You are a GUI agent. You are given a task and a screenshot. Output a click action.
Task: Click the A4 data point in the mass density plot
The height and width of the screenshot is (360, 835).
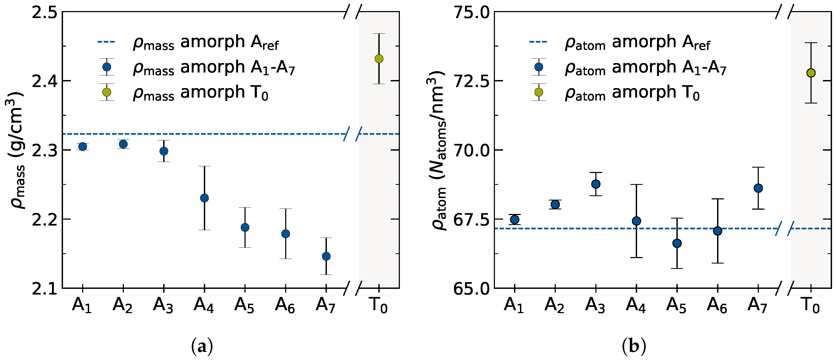[x=204, y=198]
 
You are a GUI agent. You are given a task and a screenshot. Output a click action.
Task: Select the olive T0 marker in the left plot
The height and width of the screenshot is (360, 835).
[x=379, y=59]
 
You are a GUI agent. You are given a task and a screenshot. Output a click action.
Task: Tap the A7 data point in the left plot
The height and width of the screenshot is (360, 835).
[x=326, y=256]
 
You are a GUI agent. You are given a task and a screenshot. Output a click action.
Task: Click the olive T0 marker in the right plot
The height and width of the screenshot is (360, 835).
[x=811, y=73]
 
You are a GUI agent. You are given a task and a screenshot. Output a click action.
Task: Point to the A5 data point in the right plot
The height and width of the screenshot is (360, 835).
[x=677, y=243]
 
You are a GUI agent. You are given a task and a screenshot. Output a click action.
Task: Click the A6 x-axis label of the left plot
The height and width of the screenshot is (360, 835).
[x=285, y=306]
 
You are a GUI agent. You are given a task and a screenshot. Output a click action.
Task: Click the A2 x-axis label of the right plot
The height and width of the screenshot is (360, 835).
[x=554, y=306]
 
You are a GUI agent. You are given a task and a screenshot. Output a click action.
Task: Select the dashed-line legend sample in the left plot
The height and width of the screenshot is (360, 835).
[x=106, y=42]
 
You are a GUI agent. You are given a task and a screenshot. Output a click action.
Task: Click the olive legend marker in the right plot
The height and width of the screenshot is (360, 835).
[x=539, y=92]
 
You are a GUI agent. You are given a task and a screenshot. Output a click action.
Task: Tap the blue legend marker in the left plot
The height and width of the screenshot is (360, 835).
[x=106, y=67]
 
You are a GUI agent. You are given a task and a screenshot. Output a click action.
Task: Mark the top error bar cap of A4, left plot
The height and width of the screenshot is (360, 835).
[x=204, y=166]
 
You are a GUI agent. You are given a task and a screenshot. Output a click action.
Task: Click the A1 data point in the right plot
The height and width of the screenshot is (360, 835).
[x=514, y=220]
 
